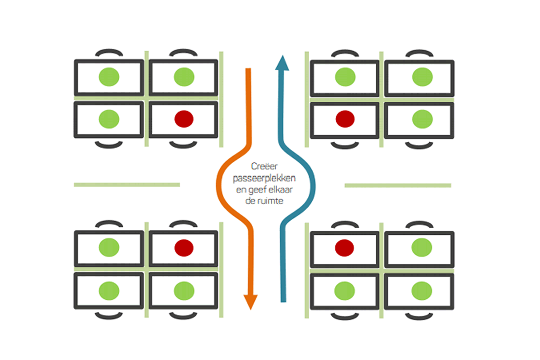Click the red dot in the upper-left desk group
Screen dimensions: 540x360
tap(184, 119)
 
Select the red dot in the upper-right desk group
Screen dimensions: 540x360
tap(345, 119)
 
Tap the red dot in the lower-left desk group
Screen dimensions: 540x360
tap(184, 247)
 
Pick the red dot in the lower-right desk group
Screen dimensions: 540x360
tap(345, 247)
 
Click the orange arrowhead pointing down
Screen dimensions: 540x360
tap(251, 301)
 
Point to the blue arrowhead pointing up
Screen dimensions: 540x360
tap(282, 63)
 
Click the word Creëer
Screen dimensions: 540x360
tap(264, 166)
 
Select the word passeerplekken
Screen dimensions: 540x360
tap(264, 179)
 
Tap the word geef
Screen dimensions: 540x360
tap(257, 190)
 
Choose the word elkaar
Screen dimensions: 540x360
tap(280, 189)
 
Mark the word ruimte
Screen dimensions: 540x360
tap(270, 201)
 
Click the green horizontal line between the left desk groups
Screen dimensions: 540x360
tap(127, 184)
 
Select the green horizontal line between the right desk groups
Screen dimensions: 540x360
tap(398, 185)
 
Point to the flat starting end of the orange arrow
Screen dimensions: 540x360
tap(248, 69)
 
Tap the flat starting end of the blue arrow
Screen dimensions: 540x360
tap(283, 301)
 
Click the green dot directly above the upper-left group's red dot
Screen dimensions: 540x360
tap(184, 77)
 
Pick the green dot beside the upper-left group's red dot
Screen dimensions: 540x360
tap(109, 119)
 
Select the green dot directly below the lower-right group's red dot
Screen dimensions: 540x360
tap(345, 291)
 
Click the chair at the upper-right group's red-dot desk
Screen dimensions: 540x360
tap(345, 145)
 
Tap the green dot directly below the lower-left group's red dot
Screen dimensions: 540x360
tap(184, 291)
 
